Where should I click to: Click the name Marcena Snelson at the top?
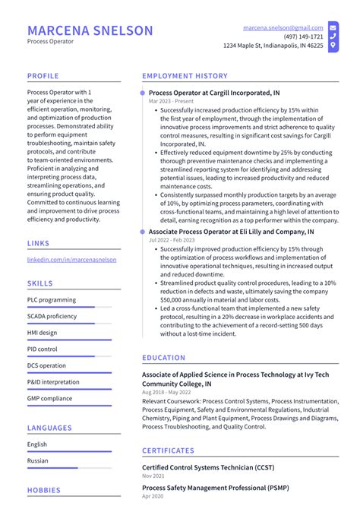point(90,30)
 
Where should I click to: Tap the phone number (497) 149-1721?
point(303,36)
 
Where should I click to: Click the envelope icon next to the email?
point(333,27)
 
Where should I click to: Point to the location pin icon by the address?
point(333,46)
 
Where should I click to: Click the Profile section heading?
point(43,76)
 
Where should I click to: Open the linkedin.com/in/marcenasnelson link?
point(71,259)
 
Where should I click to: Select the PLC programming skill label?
point(52,300)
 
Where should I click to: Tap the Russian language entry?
point(38,460)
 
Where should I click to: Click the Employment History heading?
point(185,76)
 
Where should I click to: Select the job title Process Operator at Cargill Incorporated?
point(213,93)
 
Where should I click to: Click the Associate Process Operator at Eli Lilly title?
point(231,231)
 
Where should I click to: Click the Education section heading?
point(163,358)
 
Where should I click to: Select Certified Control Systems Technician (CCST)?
point(208,467)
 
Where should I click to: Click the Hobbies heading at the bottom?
point(43,490)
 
